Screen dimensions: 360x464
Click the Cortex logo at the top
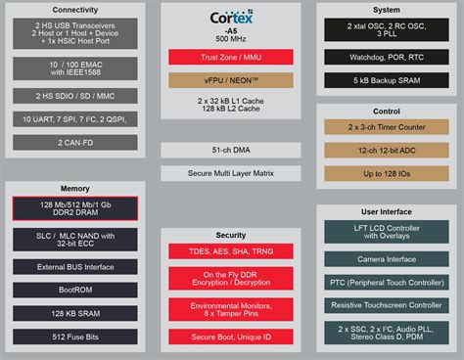232,18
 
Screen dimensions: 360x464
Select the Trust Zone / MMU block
232,58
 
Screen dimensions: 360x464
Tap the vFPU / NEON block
232,79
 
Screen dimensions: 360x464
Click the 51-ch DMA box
232,150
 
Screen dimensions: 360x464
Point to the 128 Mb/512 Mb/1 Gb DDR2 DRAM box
75,208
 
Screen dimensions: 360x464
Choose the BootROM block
75,291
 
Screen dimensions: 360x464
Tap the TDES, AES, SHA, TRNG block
232,251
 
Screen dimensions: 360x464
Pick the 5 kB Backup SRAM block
386,78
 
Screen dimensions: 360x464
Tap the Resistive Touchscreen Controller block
386,306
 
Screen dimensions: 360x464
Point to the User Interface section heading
386,210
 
